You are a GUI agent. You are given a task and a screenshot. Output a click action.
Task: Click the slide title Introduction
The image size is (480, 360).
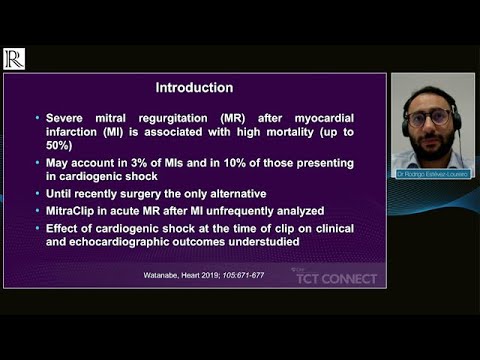pos(194,87)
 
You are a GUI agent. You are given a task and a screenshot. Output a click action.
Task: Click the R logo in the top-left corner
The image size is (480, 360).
pos(14,59)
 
